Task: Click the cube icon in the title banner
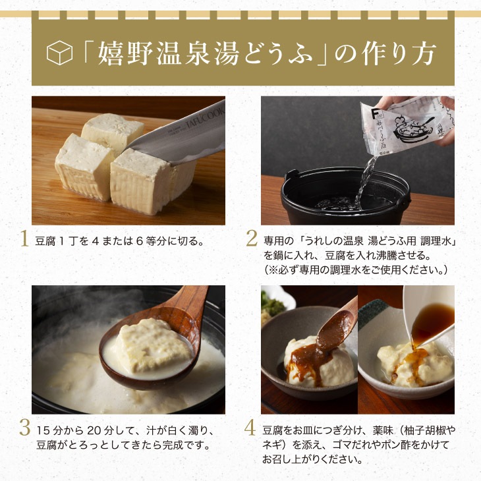(x=59, y=53)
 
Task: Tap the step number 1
(x=24, y=239)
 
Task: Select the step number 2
(x=252, y=239)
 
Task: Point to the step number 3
(x=25, y=428)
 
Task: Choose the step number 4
(x=250, y=428)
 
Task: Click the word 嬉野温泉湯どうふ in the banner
(x=205, y=53)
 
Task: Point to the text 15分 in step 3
(x=49, y=431)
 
